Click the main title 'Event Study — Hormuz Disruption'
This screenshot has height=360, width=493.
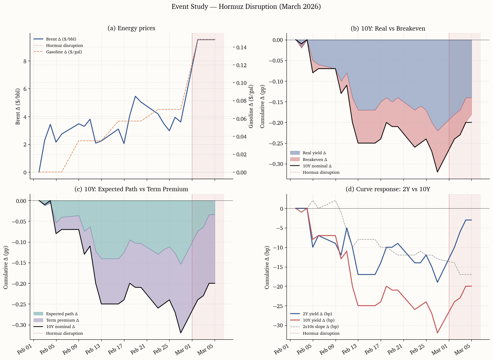pos(246,7)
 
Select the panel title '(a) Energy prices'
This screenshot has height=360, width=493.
pos(131,28)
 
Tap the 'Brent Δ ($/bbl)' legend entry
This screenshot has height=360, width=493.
pos(61,39)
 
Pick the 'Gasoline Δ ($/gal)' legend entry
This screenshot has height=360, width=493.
pos(64,52)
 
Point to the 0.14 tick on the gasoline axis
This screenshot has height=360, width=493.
pos(242,47)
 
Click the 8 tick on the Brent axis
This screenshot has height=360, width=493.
pos(25,61)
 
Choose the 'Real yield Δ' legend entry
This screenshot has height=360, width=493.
pos(314,153)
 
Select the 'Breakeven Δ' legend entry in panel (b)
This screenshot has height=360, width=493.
pos(315,160)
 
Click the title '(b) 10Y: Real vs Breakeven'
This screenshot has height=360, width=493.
pos(388,28)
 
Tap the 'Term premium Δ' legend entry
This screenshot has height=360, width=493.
pos(62,320)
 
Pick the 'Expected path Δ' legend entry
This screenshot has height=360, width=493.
pos(61,314)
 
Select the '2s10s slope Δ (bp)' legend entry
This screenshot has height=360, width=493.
pos(320,327)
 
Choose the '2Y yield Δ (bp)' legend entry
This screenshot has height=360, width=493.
pos(317,314)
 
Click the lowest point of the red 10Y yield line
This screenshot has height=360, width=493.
pos(438,333)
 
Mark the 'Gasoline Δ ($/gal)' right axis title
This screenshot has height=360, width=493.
pos(251,106)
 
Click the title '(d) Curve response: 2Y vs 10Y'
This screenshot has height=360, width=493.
pos(388,189)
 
